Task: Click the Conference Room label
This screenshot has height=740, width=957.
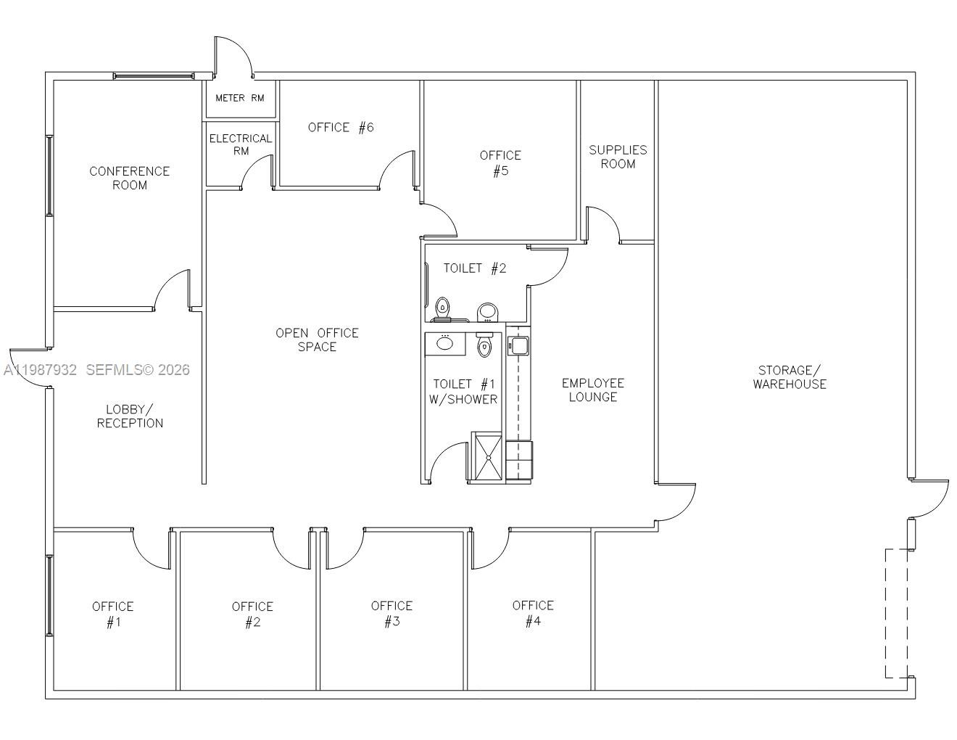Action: pos(129,178)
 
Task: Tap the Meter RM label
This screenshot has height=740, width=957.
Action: pos(240,98)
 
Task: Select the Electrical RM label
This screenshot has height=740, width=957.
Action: pos(241,144)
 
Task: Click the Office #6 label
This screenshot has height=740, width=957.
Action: pos(341,128)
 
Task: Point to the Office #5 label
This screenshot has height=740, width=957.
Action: pos(500,163)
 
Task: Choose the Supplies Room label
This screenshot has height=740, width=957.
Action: pos(618,157)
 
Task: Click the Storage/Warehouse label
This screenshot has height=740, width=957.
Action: pos(789,377)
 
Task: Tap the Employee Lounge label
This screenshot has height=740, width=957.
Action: pos(592,390)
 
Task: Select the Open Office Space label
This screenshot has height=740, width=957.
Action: pos(317,340)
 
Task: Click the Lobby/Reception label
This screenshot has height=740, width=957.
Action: pos(130,416)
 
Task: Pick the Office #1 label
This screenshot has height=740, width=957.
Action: pos(112,614)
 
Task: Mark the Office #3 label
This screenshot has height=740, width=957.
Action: pos(391,613)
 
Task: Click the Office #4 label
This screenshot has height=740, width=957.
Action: pos(533,612)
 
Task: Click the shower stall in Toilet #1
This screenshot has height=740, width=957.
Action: pos(486,457)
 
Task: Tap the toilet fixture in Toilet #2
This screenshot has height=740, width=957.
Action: pos(442,308)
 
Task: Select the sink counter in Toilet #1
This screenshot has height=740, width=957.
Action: pos(445,342)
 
